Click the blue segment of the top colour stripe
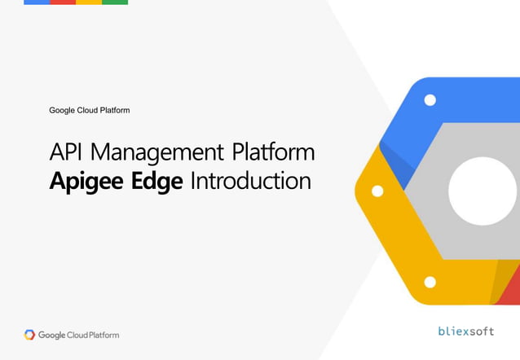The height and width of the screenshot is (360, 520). [x=37, y=2]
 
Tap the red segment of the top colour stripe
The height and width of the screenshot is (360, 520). [x=63, y=2]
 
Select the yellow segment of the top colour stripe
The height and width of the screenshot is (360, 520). [x=89, y=2]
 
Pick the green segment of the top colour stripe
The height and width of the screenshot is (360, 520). [x=115, y=2]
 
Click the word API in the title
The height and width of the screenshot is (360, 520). [x=66, y=152]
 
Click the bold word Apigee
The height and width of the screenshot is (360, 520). [x=86, y=181]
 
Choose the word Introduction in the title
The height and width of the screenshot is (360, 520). [x=250, y=180]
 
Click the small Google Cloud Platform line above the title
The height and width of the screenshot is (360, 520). [x=90, y=110]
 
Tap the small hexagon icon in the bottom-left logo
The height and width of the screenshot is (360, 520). [x=30, y=335]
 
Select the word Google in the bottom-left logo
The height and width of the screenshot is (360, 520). [x=54, y=335]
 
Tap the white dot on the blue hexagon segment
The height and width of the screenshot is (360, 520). [x=430, y=99]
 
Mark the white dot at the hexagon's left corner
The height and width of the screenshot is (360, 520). [x=377, y=191]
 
